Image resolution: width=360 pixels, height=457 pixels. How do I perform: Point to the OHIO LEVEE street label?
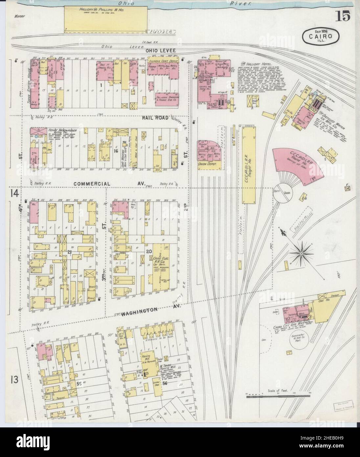[162, 50]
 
